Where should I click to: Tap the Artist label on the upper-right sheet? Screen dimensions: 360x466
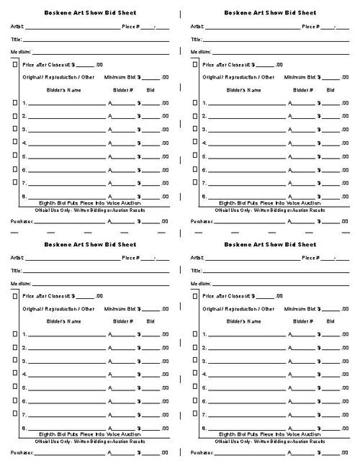197,26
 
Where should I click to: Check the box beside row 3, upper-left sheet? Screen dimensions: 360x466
15,130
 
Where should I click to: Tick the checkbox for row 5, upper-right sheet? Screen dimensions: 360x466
195,156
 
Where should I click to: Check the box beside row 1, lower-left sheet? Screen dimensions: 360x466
15,334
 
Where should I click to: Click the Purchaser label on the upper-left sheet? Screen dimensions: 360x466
22,222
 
